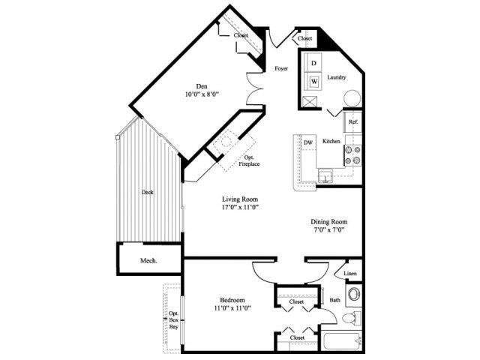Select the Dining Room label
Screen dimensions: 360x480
point(330,222)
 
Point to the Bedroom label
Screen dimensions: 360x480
point(234,300)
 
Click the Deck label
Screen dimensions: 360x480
point(148,192)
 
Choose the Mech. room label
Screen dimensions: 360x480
point(148,260)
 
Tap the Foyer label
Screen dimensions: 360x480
point(281,68)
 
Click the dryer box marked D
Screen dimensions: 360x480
point(313,63)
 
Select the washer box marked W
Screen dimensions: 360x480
point(313,80)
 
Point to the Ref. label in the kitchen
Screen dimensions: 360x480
point(352,122)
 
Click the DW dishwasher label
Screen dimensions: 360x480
point(307,142)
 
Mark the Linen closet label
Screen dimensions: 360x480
point(350,274)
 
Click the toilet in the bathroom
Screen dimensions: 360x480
point(350,319)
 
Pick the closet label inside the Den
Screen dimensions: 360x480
point(241,34)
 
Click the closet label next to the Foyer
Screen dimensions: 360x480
point(304,38)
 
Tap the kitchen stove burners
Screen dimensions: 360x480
point(352,154)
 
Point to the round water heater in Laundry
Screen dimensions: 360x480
point(351,99)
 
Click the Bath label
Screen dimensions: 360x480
point(334,301)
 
